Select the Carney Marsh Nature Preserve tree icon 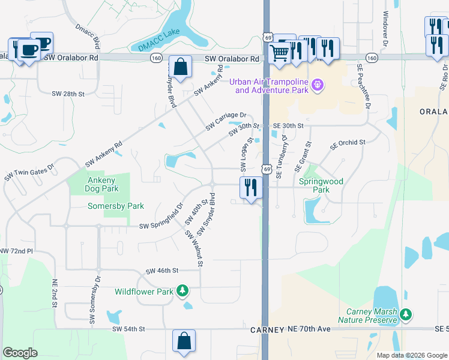[406, 314]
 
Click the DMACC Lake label [154, 43]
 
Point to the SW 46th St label [162, 271]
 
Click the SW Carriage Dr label [226, 121]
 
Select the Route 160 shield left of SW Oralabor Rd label [156, 58]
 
